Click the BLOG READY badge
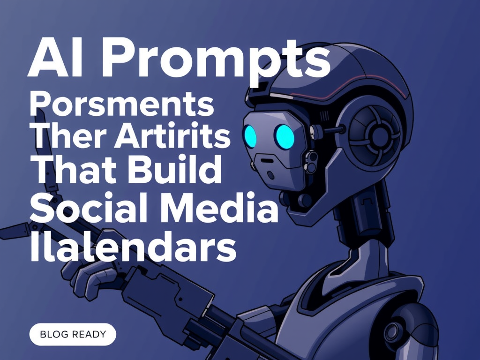pos(73,334)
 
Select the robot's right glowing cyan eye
pos(285,136)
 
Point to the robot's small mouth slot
pos(268,161)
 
